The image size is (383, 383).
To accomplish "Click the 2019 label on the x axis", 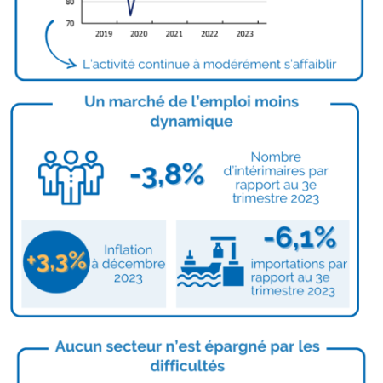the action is pyautogui.click(x=104, y=34).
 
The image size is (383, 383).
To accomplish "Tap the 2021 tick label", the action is pyautogui.click(x=174, y=34).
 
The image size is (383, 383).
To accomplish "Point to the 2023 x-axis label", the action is pyautogui.click(x=245, y=34).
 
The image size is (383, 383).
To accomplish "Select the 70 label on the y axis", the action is pyautogui.click(x=70, y=23).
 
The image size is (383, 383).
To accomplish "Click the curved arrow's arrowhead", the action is pyautogui.click(x=72, y=65).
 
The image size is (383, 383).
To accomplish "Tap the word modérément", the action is pyautogui.click(x=242, y=65).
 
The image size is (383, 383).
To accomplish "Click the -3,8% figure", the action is pyautogui.click(x=167, y=175).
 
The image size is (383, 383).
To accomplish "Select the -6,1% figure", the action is pyautogui.click(x=300, y=238).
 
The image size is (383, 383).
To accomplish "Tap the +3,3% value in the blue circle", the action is pyautogui.click(x=56, y=262).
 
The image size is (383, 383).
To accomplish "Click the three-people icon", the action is pyautogui.click(x=71, y=178).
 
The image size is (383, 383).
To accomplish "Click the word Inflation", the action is pyautogui.click(x=129, y=250).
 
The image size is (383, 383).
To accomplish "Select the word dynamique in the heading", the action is pyautogui.click(x=191, y=122).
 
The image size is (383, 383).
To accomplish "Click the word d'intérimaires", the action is pyautogui.click(x=264, y=171).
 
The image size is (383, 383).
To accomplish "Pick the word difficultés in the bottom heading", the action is pyautogui.click(x=187, y=366).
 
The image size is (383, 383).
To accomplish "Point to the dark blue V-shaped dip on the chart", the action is pyautogui.click(x=130, y=8).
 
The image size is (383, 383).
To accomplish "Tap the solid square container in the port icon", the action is pyautogui.click(x=233, y=276).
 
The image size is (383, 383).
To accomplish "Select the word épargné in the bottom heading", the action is pyautogui.click(x=235, y=347).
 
